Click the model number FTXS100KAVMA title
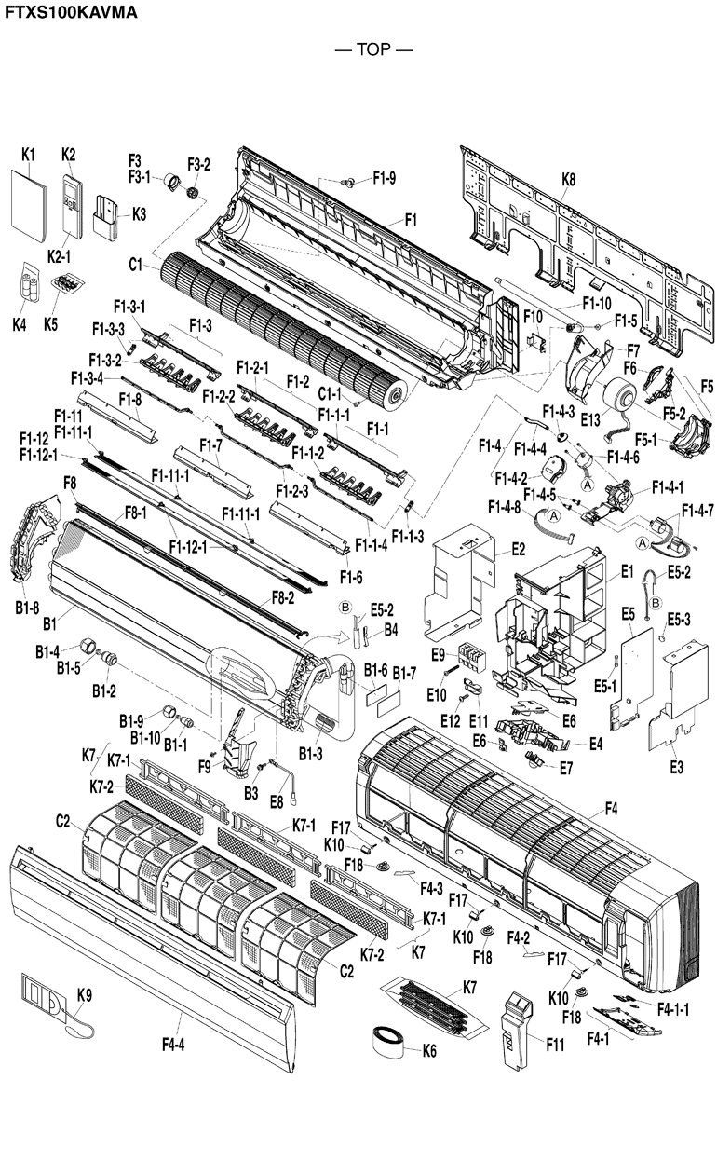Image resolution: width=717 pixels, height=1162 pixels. point(71,12)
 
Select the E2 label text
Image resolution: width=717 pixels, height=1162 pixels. point(518,549)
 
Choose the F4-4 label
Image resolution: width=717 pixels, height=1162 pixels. point(172,1045)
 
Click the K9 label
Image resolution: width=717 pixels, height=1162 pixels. point(85,995)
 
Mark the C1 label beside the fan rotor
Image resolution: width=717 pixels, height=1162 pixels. point(136,266)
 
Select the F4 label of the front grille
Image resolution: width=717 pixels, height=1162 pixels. point(611,809)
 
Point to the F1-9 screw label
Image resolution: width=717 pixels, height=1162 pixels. point(385,177)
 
